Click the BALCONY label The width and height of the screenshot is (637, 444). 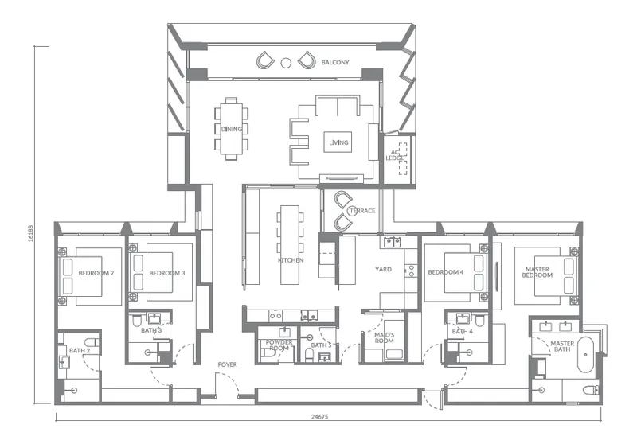335,62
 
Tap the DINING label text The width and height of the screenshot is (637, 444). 232,129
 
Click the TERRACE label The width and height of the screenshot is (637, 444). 362,211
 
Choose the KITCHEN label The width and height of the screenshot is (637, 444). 291,260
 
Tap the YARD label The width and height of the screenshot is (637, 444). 384,269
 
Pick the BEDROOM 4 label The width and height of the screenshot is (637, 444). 446,273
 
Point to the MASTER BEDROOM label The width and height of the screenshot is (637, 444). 537,272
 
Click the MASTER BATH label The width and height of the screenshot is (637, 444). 562,347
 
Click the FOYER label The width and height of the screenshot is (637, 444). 228,365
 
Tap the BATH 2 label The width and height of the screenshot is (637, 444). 77,351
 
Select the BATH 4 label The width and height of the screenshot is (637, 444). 463,330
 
